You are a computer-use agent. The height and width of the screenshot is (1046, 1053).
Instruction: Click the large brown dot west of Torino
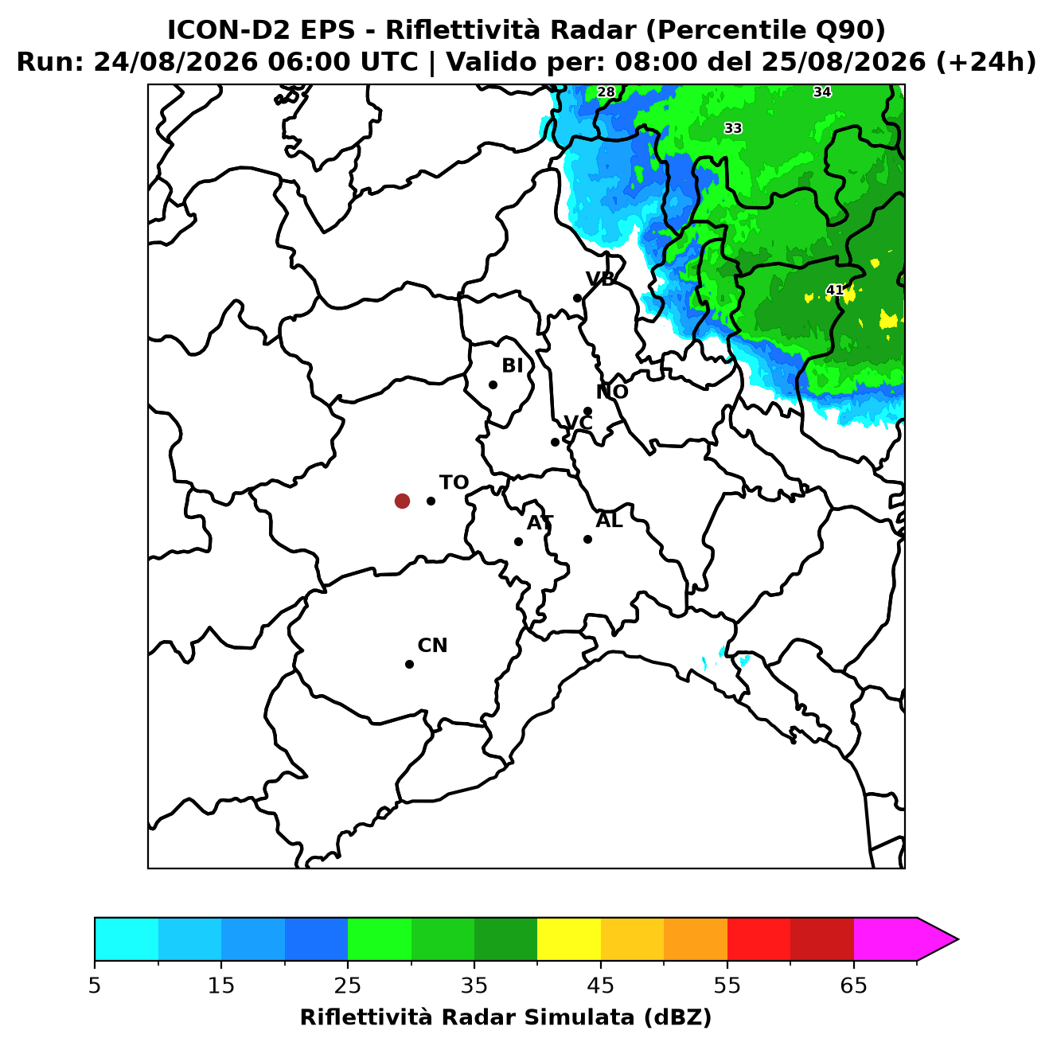tap(402, 500)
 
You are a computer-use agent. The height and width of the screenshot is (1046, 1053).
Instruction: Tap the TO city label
tap(454, 482)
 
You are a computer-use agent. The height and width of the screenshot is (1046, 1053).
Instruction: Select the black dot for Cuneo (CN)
tap(409, 664)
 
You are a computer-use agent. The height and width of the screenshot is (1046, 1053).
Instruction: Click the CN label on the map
tap(432, 646)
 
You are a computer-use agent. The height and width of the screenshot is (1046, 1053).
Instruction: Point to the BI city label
tap(512, 365)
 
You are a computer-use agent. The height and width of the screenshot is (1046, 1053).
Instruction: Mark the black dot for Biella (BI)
tap(493, 384)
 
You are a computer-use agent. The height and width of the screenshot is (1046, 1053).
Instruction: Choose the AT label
tap(540, 523)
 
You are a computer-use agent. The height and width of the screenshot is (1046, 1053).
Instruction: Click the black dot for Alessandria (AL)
tap(587, 539)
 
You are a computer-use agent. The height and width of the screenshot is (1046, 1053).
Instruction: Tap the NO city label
tap(612, 392)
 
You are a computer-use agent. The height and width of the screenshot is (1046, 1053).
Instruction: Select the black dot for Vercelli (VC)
tap(555, 441)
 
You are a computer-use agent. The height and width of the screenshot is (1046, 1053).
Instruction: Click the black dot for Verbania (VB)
tap(577, 298)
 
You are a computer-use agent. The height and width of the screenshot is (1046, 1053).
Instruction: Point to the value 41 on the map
tap(834, 290)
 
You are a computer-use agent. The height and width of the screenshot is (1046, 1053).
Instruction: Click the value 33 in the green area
tap(733, 128)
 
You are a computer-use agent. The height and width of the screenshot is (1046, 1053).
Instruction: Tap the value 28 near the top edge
tap(606, 92)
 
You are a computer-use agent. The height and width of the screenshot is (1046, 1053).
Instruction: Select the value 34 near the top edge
tap(822, 92)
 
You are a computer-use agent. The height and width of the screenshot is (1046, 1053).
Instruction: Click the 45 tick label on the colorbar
tap(600, 986)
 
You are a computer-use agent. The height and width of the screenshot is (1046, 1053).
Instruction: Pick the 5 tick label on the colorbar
tap(95, 986)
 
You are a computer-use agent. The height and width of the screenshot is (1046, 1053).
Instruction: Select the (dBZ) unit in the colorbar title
tap(677, 1017)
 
